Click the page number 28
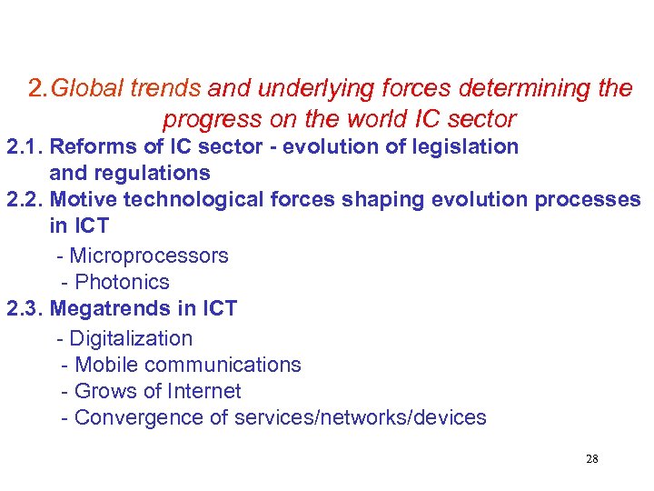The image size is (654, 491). click(x=591, y=458)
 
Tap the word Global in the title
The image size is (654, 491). click(x=89, y=89)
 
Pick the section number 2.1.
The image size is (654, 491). click(x=24, y=146)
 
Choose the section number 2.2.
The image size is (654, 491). click(x=24, y=199)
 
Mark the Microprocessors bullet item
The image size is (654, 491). click(x=149, y=256)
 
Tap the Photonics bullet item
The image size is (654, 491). click(x=122, y=282)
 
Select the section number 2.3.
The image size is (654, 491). click(x=24, y=308)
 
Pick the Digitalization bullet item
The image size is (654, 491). click(x=131, y=338)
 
